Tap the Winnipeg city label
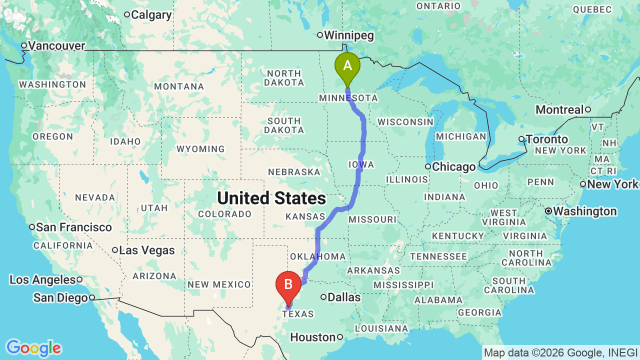pyautogui.click(x=349, y=35)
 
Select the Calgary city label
pyautogui.click(x=151, y=15)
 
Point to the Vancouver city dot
pyautogui.click(x=23, y=46)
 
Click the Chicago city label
pyautogui.click(x=453, y=167)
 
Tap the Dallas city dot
pyautogui.click(x=323, y=297)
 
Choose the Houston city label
pyautogui.click(x=312, y=337)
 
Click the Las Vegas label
pyautogui.click(x=147, y=250)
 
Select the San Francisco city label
pyautogui.click(x=74, y=227)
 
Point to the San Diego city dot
pyautogui.click(x=92, y=298)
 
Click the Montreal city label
pyautogui.click(x=559, y=109)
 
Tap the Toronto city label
pyautogui.click(x=546, y=139)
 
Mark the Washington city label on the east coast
pyautogui.click(x=584, y=211)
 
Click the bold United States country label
pyautogui.click(x=271, y=198)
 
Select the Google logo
pyautogui.click(x=33, y=348)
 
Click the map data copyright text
pyautogui.click(x=560, y=352)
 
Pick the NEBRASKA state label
pyautogui.click(x=294, y=172)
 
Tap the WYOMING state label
pyautogui.click(x=200, y=149)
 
